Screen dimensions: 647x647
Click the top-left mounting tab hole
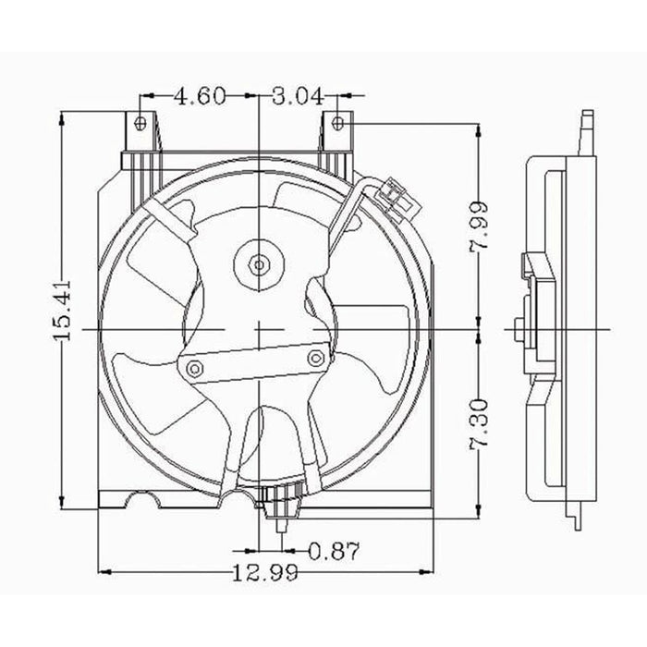[x=140, y=123]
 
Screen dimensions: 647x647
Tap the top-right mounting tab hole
[x=338, y=122]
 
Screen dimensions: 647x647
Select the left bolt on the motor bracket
[x=194, y=371]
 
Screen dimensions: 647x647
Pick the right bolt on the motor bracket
[x=317, y=356]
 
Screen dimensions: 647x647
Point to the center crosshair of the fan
[x=260, y=329]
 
